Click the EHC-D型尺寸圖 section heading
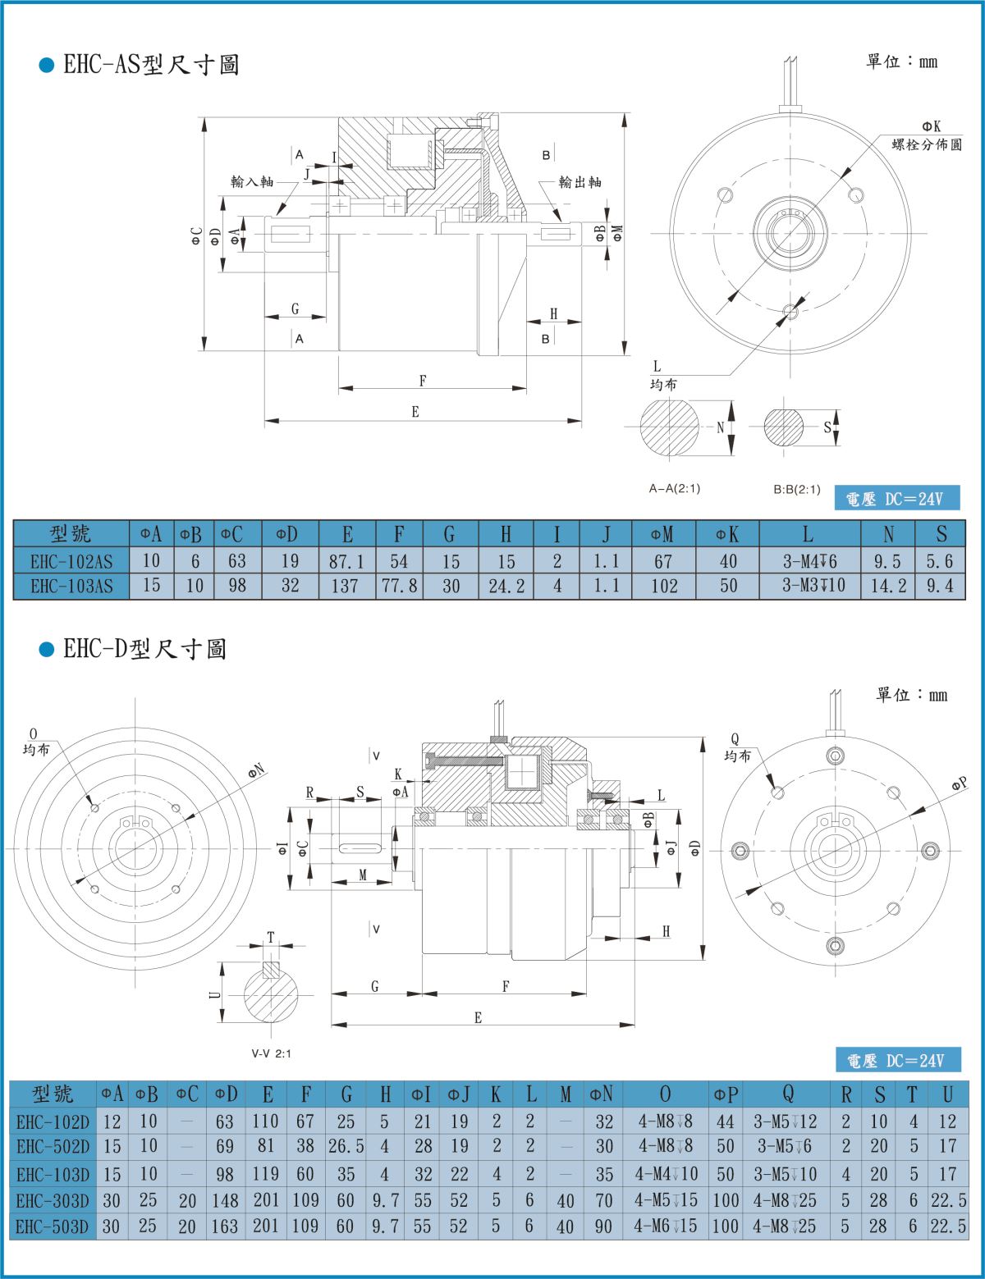pos(144,650)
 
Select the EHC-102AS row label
pos(71,561)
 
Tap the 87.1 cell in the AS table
pos(346,561)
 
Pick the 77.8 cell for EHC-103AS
pos(398,586)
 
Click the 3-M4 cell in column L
pos(809,561)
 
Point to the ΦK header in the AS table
pos(726,535)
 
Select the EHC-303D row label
pos(53,1201)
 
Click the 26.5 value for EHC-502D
pos(346,1146)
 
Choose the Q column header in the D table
pos(787,1094)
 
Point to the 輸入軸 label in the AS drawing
pos(251,181)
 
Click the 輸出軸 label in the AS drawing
pos(580,182)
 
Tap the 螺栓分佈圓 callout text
pos(927,145)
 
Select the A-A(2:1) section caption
pos(674,489)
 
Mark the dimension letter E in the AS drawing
pos(415,412)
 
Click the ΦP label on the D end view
pos(960,784)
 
